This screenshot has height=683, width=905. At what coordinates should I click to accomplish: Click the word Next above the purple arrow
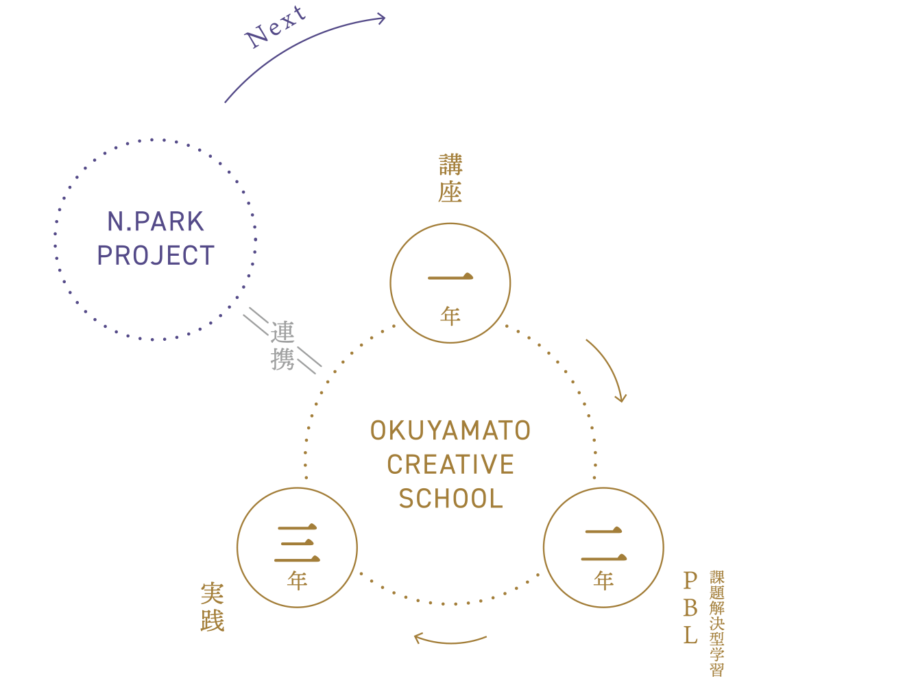click(275, 27)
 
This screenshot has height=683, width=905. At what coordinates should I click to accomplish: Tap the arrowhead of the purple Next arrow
click(381, 19)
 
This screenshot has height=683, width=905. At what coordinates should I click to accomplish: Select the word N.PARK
click(156, 221)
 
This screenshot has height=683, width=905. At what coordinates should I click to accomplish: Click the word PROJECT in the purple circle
click(156, 255)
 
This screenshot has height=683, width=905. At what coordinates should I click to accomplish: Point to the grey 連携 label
click(282, 346)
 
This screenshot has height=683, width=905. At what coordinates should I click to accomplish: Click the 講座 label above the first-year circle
click(450, 178)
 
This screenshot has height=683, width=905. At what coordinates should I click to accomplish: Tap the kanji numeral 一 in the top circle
click(450, 276)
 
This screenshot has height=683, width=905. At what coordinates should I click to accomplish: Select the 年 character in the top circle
click(450, 316)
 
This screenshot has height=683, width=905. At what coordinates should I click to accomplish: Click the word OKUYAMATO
click(450, 431)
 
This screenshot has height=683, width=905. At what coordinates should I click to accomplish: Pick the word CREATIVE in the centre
click(450, 464)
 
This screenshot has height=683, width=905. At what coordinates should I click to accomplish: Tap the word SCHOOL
click(450, 499)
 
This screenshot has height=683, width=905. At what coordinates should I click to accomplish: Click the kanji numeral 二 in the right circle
click(603, 543)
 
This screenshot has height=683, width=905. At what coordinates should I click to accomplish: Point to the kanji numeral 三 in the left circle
click(297, 542)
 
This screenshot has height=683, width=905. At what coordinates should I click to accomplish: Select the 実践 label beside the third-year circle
click(213, 606)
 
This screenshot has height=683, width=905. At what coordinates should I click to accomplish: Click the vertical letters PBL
click(690, 607)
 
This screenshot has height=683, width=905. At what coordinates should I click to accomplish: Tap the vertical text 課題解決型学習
click(717, 623)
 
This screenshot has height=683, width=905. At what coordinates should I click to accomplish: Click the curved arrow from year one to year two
click(612, 364)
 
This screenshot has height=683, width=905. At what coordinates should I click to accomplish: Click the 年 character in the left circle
click(297, 580)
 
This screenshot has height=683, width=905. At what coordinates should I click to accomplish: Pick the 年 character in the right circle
click(603, 580)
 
